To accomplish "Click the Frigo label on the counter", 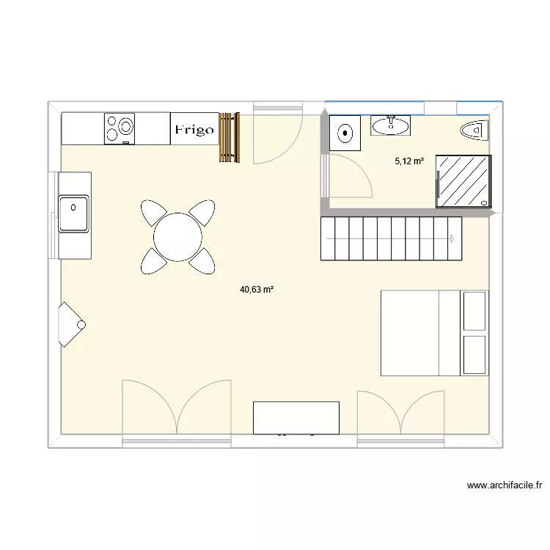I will [x=194, y=130].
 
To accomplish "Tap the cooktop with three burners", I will [x=120, y=128].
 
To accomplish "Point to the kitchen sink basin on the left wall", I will [x=73, y=213].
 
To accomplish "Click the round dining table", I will [x=178, y=236].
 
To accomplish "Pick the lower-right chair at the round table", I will [x=202, y=260].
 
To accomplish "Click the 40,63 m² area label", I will [x=257, y=290].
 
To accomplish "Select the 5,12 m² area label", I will [x=409, y=161].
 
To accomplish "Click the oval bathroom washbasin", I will [x=391, y=126].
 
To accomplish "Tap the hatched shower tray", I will [x=463, y=181].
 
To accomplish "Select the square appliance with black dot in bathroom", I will [x=345, y=133].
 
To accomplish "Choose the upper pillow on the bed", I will [x=474, y=310].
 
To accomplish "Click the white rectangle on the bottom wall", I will [x=296, y=417].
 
